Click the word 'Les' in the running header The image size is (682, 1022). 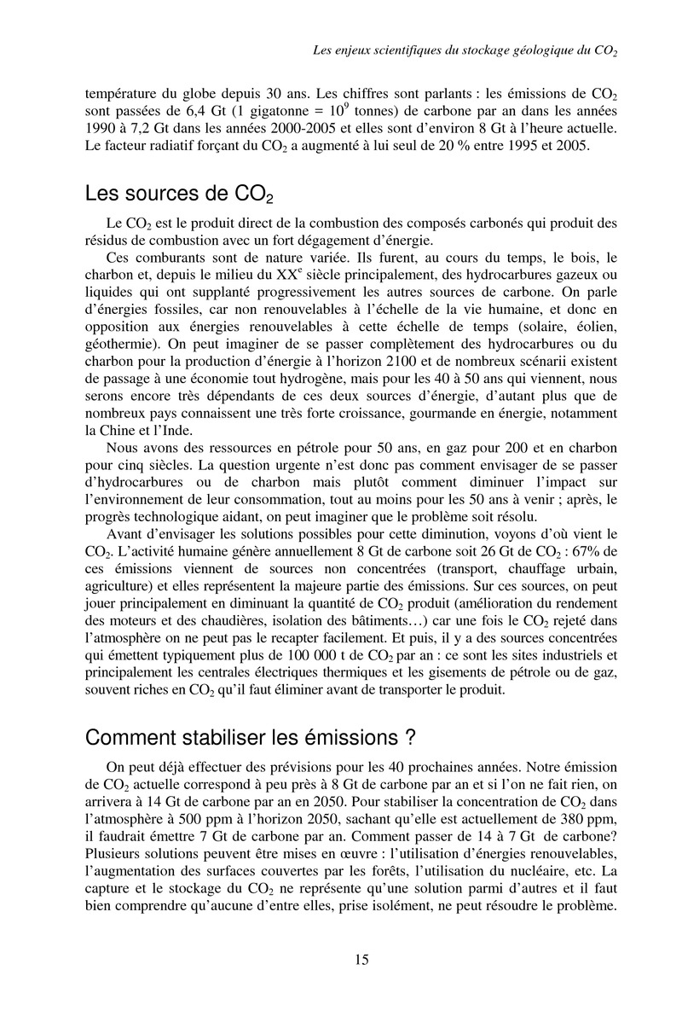324,51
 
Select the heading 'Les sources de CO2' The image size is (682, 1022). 180,195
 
